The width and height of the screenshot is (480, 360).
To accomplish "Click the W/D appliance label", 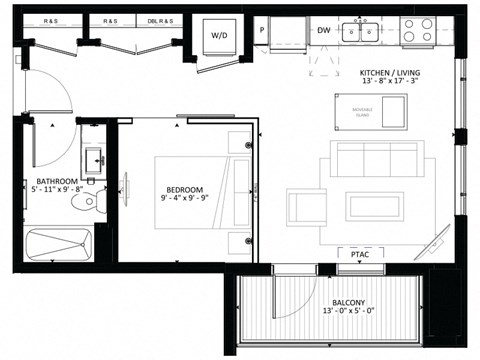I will coord(218,36).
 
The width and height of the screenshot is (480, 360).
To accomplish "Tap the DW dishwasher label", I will coord(323,31).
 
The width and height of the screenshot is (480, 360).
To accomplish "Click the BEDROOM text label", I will coord(185,189).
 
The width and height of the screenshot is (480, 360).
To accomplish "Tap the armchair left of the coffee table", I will coord(305,206).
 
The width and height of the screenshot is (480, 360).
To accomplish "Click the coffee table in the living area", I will coord(375,206).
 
